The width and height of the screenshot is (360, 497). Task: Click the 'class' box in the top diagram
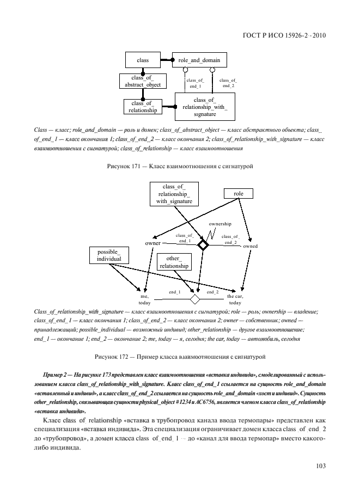point(144,60)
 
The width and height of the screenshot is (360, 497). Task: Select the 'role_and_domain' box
point(199,60)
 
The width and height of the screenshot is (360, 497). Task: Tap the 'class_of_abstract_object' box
point(140,81)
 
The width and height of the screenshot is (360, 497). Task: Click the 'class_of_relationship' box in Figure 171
point(142,107)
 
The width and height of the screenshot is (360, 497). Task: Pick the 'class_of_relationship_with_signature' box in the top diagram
point(205,107)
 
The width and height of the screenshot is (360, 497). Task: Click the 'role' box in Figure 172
point(238,193)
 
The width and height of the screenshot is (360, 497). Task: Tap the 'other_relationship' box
point(174,262)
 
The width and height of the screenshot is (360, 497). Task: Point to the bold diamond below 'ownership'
point(203,246)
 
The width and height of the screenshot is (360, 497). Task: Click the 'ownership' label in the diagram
point(220,224)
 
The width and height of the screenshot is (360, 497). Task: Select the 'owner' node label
point(152,243)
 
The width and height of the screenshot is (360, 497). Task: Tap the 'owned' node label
point(251,247)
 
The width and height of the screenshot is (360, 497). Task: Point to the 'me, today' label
point(144,299)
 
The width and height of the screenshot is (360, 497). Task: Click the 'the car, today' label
point(235,299)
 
